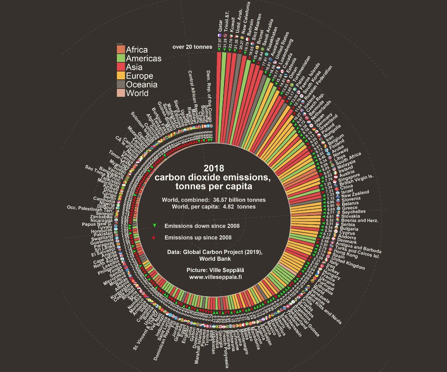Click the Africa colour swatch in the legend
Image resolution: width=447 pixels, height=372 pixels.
point(121,50)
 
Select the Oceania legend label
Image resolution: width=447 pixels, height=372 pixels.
point(142,84)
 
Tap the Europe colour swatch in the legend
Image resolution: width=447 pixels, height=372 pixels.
point(121,76)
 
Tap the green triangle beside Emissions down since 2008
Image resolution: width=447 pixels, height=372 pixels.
point(154,226)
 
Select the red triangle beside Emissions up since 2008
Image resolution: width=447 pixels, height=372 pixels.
point(154,237)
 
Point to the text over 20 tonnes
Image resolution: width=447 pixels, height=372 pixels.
point(192,47)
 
